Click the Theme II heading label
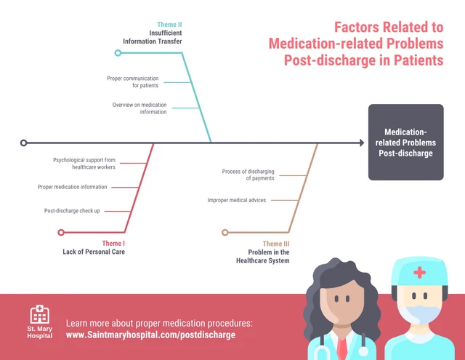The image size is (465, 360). click(x=169, y=25)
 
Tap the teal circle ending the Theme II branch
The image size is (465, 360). click(x=118, y=53)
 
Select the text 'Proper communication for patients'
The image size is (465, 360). click(x=132, y=82)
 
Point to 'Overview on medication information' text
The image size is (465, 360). click(x=139, y=108)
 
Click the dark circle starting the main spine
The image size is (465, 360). click(x=24, y=143)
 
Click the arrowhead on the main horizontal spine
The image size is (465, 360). click(x=362, y=143)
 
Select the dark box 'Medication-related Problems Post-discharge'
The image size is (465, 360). click(x=405, y=142)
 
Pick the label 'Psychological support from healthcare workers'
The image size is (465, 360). click(x=84, y=164)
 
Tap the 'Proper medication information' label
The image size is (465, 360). click(x=73, y=187)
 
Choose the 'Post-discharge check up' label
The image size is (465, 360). click(x=72, y=211)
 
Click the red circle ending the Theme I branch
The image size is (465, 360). click(x=61, y=233)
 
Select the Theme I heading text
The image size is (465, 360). click(x=113, y=244)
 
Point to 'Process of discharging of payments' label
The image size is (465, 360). click(x=248, y=175)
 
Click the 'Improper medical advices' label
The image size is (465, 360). click(x=237, y=200)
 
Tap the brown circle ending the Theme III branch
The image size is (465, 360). click(x=225, y=233)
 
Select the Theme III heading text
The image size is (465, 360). click(x=276, y=244)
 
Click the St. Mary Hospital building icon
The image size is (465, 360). click(x=40, y=314)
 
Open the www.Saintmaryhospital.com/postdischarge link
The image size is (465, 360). click(x=150, y=335)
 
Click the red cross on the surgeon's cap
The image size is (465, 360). click(x=419, y=272)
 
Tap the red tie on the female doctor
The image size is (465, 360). click(x=342, y=349)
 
